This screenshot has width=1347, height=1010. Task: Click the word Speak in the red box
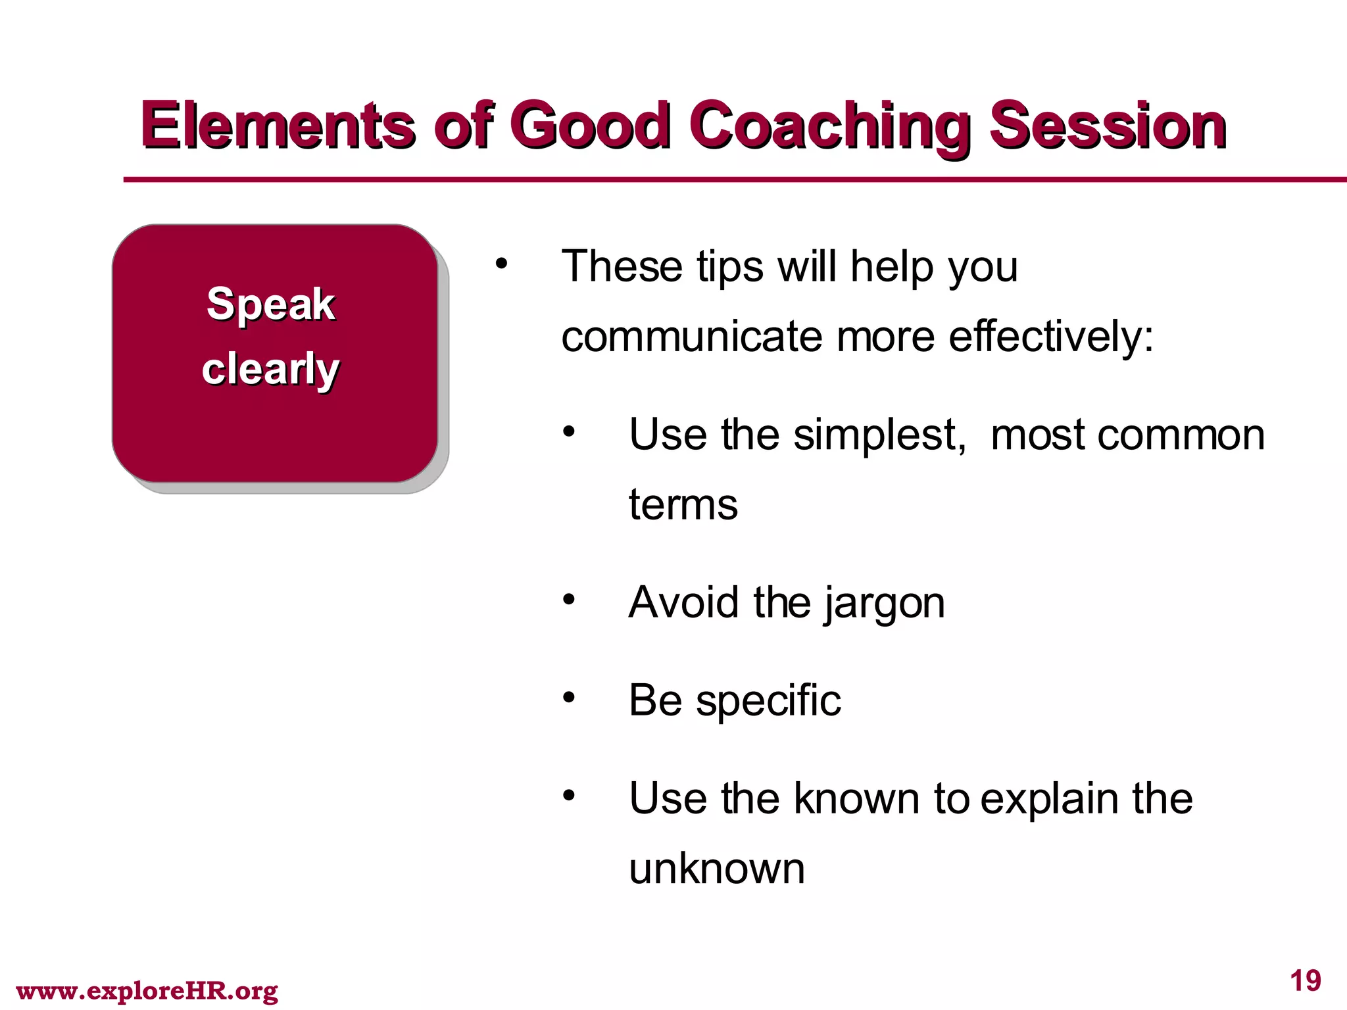pyautogui.click(x=271, y=304)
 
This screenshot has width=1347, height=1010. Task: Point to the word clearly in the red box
pyautogui.click(x=270, y=369)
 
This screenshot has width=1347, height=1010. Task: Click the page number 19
pyautogui.click(x=1305, y=981)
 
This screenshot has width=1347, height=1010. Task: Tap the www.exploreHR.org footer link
pyautogui.click(x=147, y=990)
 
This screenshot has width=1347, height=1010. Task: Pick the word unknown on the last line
pyautogui.click(x=717, y=869)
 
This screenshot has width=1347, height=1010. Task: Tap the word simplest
pyautogui.click(x=880, y=435)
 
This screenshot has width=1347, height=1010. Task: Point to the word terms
pyautogui.click(x=683, y=505)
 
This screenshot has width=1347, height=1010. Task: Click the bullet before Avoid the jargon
pyautogui.click(x=569, y=599)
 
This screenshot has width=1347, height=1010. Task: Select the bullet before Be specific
pyautogui.click(x=569, y=697)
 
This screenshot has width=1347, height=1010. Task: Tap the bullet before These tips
pyautogui.click(x=502, y=264)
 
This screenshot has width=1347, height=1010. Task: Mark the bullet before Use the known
pyautogui.click(x=569, y=795)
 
